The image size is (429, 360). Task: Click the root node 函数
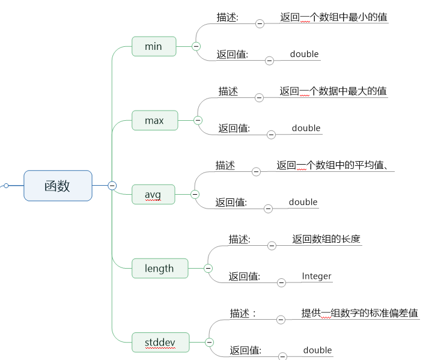coord(58,186)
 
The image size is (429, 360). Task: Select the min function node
coord(154,46)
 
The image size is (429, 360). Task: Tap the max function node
coord(154,121)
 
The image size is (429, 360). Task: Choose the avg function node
coord(153,194)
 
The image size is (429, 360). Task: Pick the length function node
coord(159,268)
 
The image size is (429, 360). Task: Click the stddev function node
coord(160,343)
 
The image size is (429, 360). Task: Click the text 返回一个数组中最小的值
coord(333,17)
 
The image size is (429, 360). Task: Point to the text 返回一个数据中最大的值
coord(333,91)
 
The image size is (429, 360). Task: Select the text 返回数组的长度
coord(326,239)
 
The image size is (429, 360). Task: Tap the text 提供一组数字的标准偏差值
coord(360,313)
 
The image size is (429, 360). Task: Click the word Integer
coord(317,276)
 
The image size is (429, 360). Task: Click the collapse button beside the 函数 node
coord(112,186)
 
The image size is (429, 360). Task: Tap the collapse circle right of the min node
coord(196,46)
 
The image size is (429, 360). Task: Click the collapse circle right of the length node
coord(208,268)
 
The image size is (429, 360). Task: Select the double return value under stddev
coord(317,350)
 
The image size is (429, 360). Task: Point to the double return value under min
coord(304,54)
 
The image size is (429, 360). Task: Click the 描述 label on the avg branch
coord(225,165)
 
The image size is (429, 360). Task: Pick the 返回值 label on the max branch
coord(234,128)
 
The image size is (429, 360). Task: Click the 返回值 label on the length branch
coord(245,276)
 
